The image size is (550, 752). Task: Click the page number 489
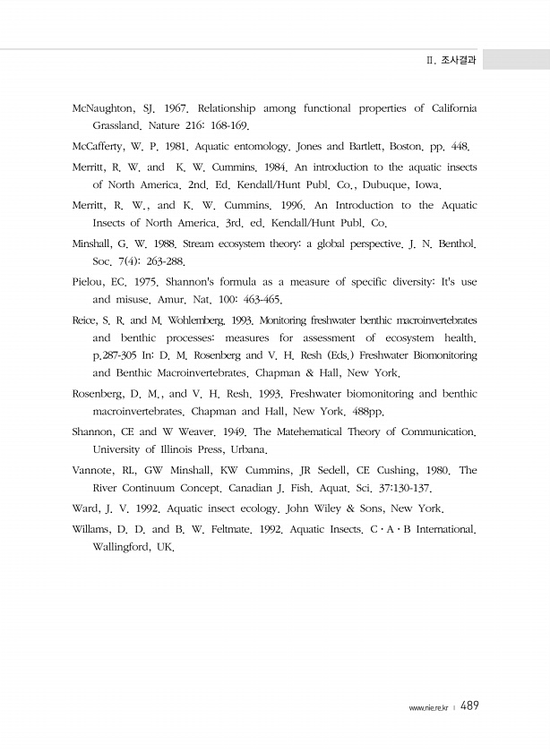pos(469,706)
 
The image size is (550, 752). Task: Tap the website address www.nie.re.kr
pos(428,708)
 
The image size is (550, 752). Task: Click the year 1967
pos(170,108)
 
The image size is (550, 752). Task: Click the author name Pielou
pos(90,281)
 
